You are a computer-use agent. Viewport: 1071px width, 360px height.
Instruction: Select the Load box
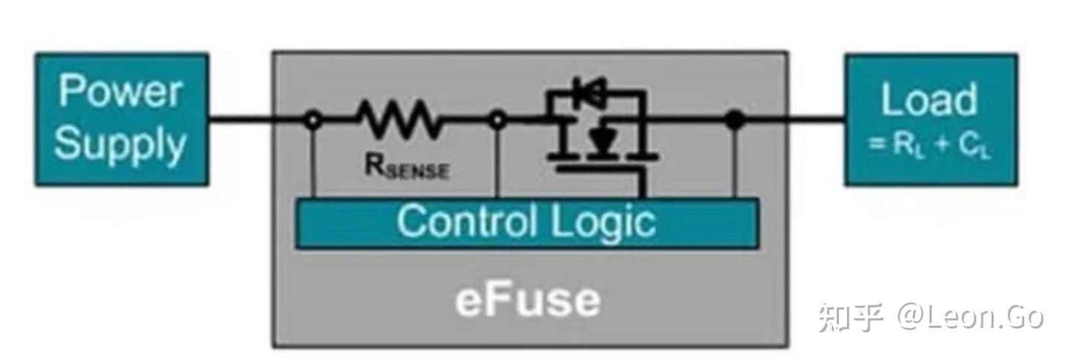[930, 119]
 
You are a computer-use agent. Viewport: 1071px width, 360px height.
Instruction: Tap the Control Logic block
[527, 222]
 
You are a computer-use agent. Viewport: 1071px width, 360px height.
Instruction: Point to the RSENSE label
[406, 168]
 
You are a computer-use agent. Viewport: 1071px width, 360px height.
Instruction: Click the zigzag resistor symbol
[399, 118]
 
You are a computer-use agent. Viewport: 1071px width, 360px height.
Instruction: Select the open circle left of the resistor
[314, 119]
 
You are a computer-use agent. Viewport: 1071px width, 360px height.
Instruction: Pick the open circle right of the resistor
[498, 119]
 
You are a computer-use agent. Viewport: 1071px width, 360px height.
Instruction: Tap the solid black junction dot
[735, 119]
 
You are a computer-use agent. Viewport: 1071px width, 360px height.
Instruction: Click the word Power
[120, 91]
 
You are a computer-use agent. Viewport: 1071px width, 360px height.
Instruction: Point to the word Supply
[120, 143]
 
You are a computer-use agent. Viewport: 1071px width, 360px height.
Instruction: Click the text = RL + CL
[930, 144]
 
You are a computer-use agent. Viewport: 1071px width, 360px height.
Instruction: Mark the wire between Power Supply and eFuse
[240, 119]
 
